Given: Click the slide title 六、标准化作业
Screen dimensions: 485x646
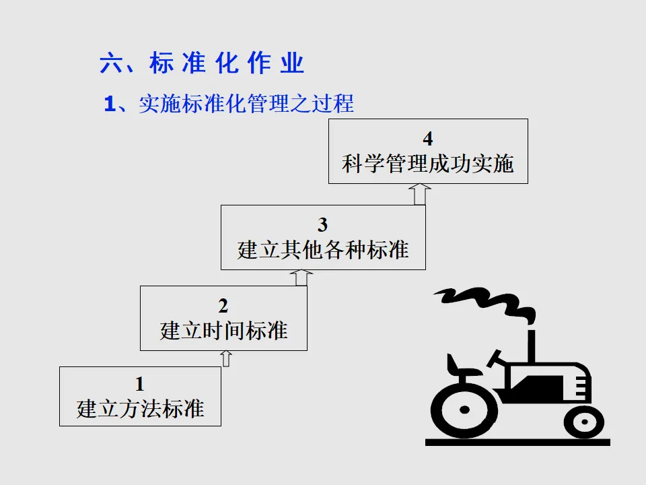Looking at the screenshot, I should (202, 64).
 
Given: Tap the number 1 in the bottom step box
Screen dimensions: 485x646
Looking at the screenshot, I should (139, 385).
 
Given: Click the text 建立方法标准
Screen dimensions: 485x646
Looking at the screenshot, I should (140, 408).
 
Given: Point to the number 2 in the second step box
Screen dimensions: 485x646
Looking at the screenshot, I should (223, 306).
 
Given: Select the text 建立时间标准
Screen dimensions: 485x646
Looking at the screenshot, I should (223, 331).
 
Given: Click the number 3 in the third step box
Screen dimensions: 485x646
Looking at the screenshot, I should (323, 225).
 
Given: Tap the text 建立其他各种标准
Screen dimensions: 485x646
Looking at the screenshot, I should (323, 250).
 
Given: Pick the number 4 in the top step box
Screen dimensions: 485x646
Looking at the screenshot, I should (428, 139).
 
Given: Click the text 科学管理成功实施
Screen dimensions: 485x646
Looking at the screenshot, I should (428, 164).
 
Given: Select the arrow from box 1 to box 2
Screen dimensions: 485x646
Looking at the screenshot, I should (226, 358).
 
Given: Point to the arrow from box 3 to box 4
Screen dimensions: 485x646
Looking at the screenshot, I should (421, 194).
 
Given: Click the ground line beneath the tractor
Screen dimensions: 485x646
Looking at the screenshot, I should (517, 443).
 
